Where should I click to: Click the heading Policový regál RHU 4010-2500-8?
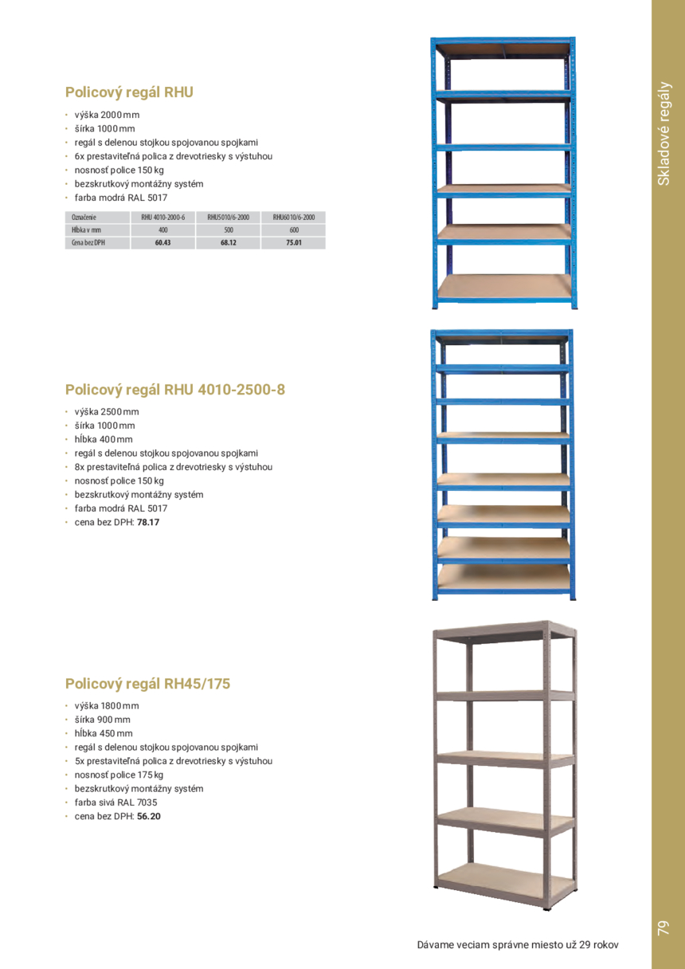click(174, 390)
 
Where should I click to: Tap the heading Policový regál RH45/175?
click(148, 683)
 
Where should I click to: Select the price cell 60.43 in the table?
click(162, 242)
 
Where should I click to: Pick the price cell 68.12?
click(228, 242)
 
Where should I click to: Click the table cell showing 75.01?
click(293, 242)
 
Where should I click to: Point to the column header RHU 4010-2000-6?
click(162, 217)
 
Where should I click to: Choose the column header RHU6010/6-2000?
click(293, 217)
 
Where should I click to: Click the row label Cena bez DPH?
click(88, 242)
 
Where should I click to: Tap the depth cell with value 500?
click(228, 229)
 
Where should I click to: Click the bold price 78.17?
click(149, 523)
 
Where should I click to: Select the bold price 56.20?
click(149, 816)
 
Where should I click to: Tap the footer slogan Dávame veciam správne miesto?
click(518, 945)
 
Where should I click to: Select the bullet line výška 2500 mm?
click(107, 412)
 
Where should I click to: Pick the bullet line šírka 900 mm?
click(103, 720)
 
